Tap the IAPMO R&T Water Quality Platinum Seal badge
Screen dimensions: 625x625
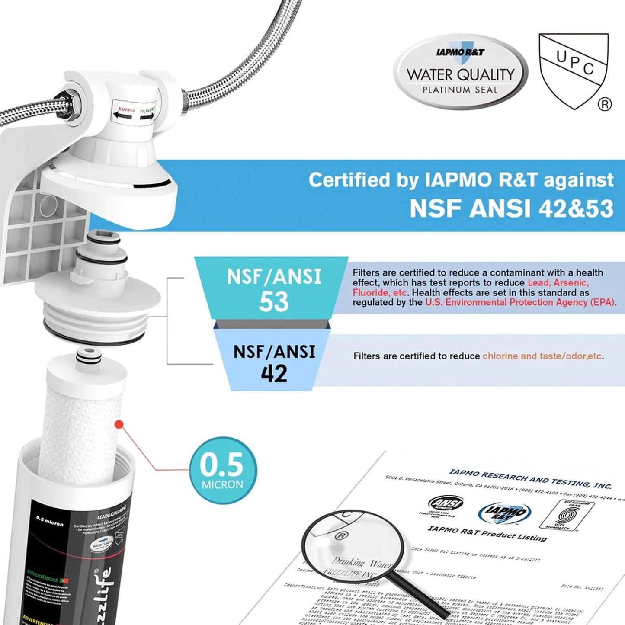tap(460, 72)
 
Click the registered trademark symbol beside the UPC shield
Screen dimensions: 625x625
tap(604, 104)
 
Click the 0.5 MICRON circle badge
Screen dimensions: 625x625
tap(223, 470)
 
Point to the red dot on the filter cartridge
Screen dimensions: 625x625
tap(119, 425)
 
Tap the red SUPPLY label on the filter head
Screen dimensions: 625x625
tap(127, 110)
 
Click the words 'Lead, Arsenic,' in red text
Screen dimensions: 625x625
tap(558, 283)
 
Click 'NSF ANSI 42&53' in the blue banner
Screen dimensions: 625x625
tap(511, 208)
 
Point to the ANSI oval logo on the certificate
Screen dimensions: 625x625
tap(446, 503)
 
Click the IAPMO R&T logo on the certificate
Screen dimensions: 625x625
tap(504, 513)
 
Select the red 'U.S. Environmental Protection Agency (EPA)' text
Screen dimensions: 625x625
tap(520, 302)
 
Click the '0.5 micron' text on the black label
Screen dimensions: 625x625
tap(50, 521)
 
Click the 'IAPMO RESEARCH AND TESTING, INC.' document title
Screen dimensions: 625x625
tap(530, 479)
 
